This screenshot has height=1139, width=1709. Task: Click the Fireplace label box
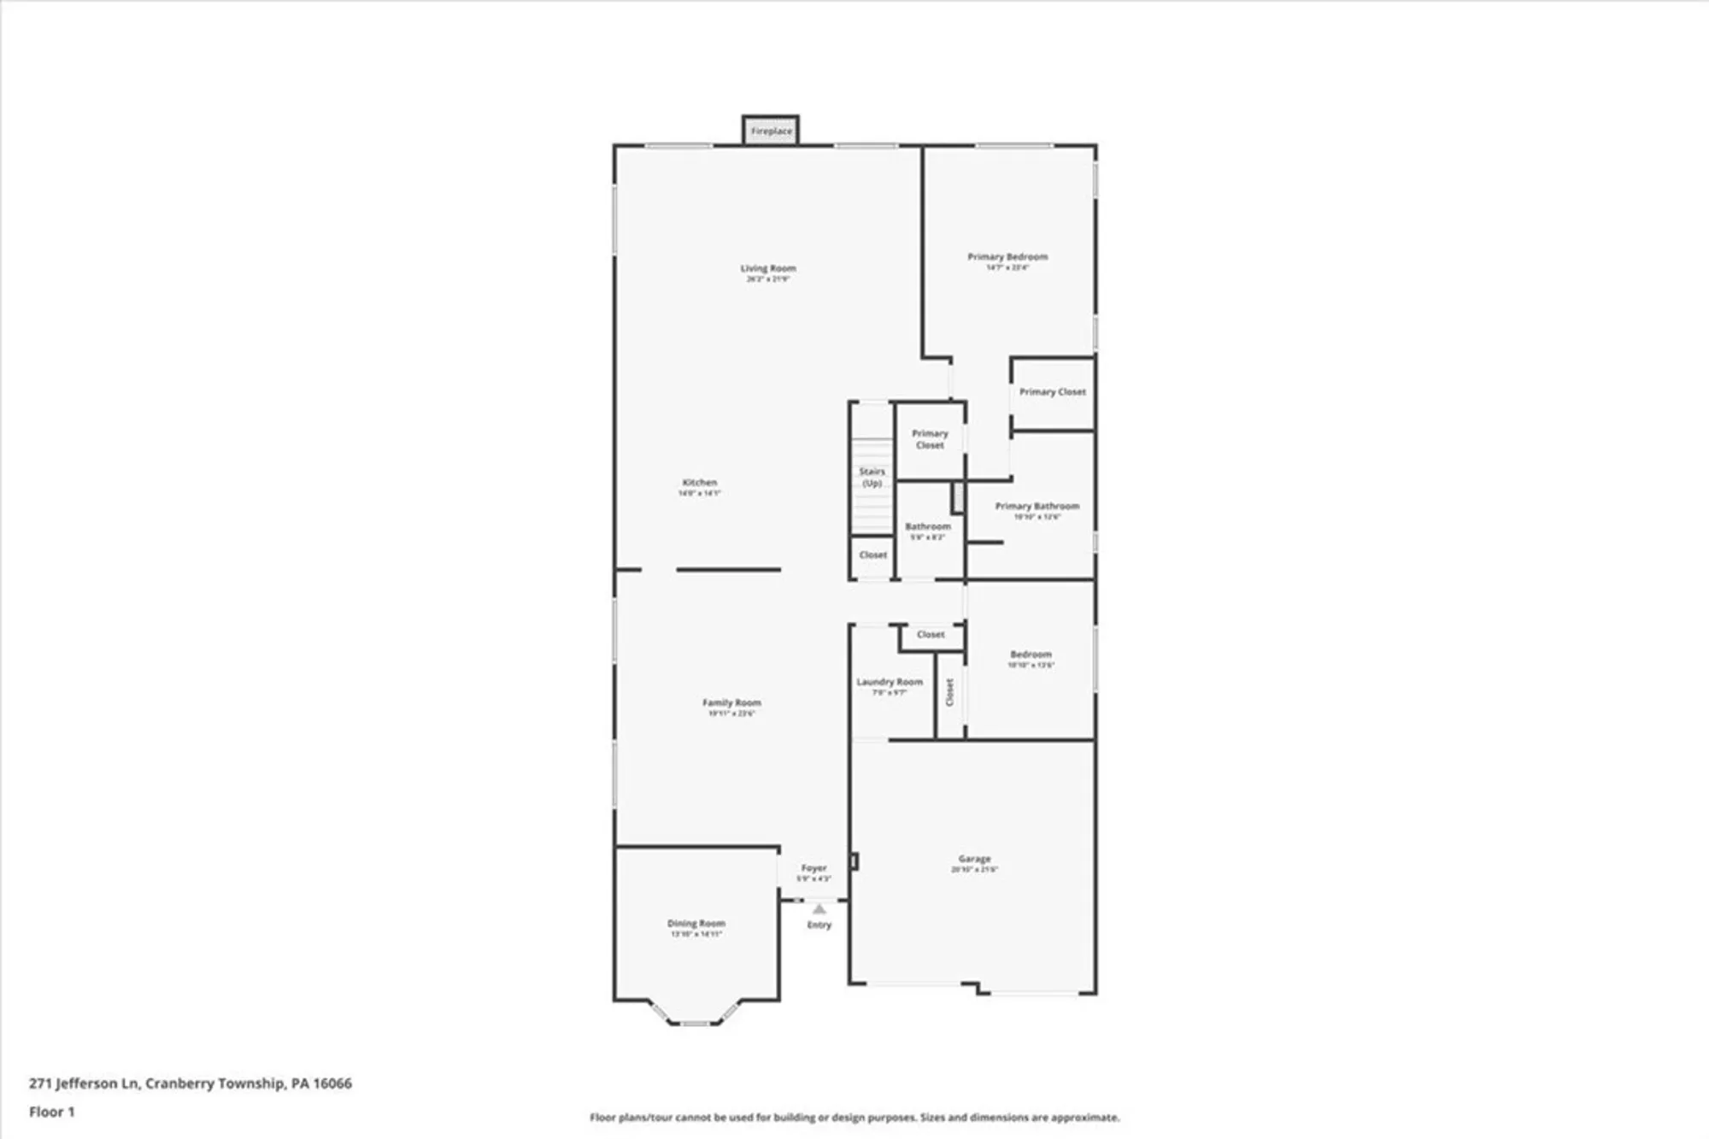click(771, 131)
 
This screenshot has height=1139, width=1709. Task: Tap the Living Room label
click(767, 268)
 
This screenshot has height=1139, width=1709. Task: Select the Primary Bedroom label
click(1007, 256)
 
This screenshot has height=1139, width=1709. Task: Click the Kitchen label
click(699, 483)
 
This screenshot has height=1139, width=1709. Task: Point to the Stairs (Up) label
click(872, 477)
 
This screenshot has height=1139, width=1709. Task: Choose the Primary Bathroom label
click(1037, 506)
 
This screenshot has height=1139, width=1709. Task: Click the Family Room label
click(731, 702)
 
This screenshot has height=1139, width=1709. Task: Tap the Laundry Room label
click(890, 682)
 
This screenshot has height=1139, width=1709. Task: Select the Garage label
click(974, 859)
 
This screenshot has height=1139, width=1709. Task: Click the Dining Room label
click(696, 924)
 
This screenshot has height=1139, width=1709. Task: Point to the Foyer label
click(813, 868)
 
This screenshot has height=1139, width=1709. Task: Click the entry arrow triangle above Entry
click(819, 909)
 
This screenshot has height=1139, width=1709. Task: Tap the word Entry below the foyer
click(819, 925)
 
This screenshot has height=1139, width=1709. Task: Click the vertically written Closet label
click(949, 692)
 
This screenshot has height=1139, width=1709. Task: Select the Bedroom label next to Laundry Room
click(1031, 655)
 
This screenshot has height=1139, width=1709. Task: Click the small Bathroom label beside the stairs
click(927, 526)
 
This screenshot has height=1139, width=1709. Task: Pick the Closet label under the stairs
click(872, 555)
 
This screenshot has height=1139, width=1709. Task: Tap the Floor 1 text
click(51, 1112)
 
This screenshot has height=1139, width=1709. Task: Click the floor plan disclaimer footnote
click(854, 1117)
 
